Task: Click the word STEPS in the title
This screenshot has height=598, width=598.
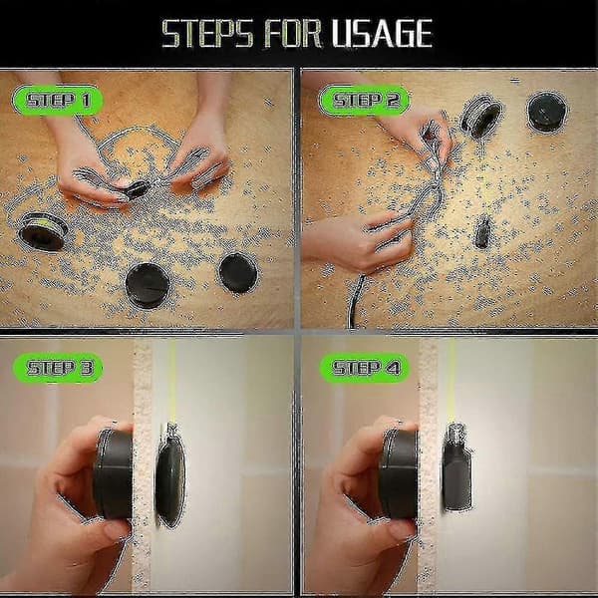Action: [x=208, y=34]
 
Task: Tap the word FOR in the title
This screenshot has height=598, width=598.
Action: [x=292, y=34]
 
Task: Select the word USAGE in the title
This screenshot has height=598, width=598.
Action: [x=382, y=34]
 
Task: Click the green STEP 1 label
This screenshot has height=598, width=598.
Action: [x=58, y=101]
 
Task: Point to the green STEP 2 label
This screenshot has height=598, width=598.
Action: [x=364, y=101]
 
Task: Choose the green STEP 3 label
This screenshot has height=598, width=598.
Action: [x=58, y=368]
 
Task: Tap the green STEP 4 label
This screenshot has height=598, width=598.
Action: [x=365, y=368]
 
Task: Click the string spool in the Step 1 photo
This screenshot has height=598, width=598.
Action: [x=43, y=231]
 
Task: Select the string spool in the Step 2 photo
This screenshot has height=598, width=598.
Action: [x=480, y=116]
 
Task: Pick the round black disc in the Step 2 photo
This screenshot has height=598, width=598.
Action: [x=547, y=112]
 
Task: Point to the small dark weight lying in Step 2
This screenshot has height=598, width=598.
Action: [x=482, y=231]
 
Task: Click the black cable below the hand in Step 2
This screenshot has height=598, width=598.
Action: [x=355, y=301]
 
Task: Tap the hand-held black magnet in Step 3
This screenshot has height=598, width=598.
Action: [x=114, y=473]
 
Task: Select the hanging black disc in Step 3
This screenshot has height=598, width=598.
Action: [x=170, y=478]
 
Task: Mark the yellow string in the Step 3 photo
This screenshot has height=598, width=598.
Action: [x=172, y=382]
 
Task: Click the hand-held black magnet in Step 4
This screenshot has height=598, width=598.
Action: [x=400, y=473]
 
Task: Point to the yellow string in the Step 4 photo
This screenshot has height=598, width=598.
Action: [x=451, y=382]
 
